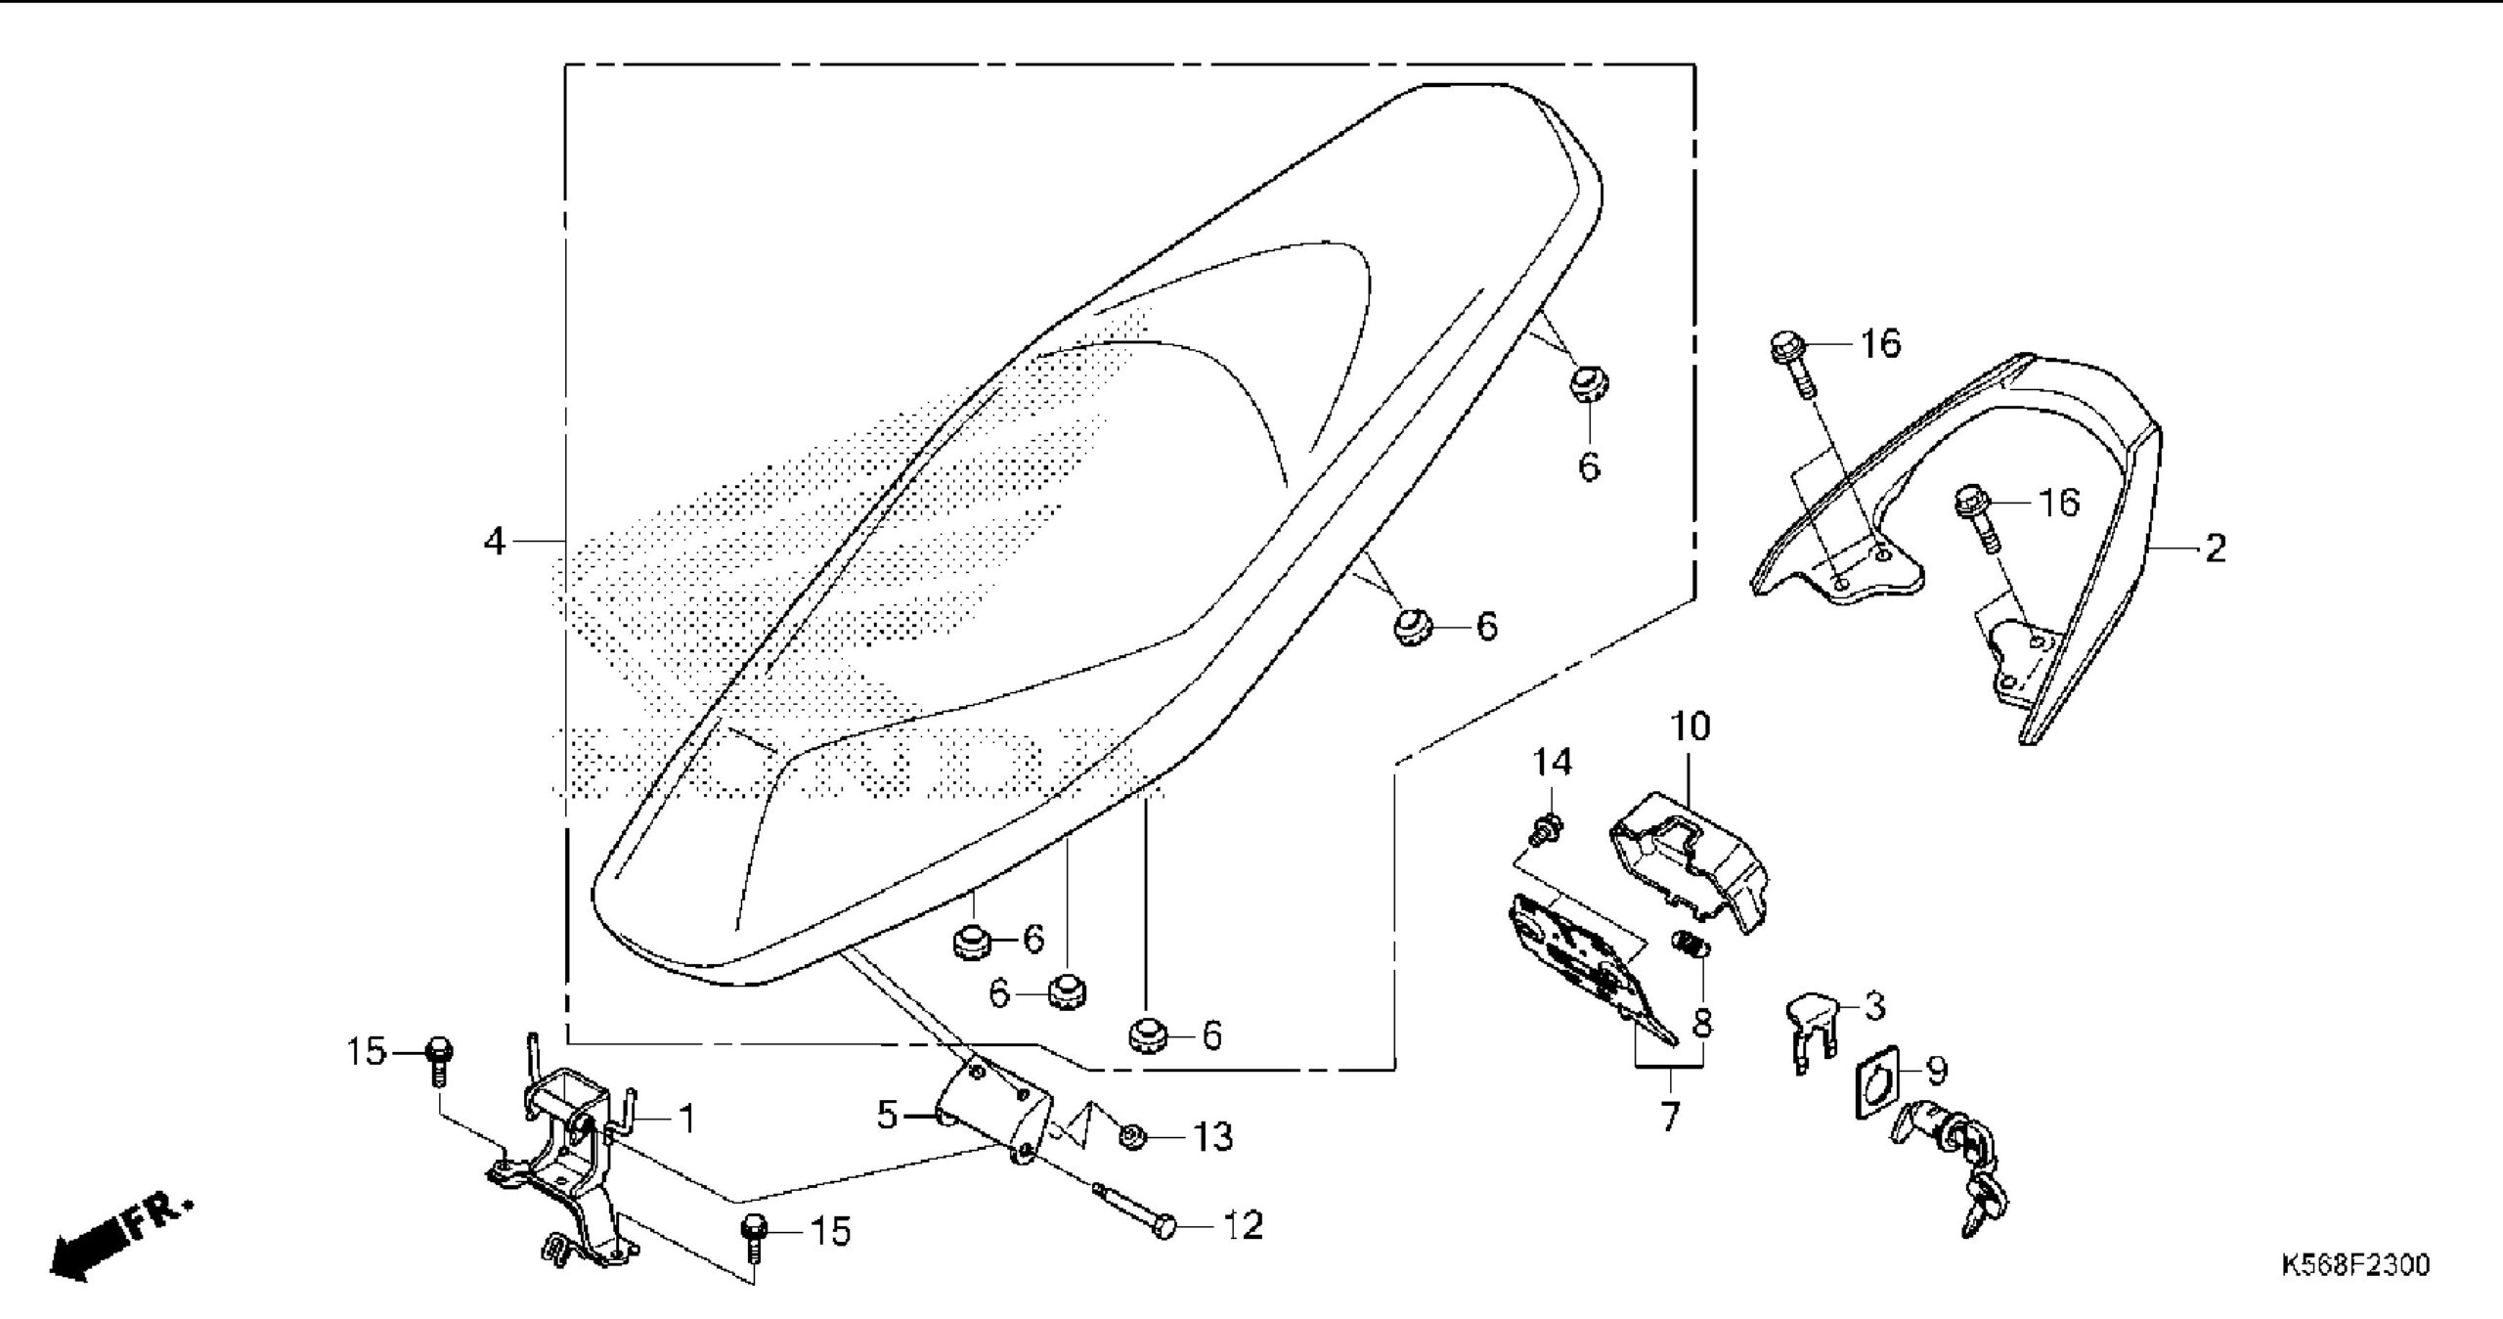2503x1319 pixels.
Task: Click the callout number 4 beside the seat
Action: (x=495, y=541)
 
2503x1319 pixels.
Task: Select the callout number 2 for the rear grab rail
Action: (x=2216, y=549)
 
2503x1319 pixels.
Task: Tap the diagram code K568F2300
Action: (x=2354, y=1264)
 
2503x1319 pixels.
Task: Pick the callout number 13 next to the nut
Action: (x=1212, y=1137)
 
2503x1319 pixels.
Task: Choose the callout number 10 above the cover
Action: (x=1691, y=727)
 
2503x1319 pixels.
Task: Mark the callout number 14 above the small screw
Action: (x=1552, y=762)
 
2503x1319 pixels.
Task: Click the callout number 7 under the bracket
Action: (x=1669, y=1117)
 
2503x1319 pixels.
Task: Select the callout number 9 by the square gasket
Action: (x=1935, y=1070)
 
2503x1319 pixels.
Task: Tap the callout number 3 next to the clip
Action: (x=1873, y=1007)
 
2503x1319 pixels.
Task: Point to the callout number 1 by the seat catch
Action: (x=686, y=1120)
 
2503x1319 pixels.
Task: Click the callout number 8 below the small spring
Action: (x=1702, y=1022)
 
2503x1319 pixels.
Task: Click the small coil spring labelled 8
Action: (x=1692, y=947)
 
